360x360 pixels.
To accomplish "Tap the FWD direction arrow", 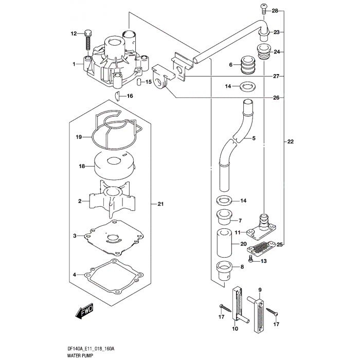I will point(83,313).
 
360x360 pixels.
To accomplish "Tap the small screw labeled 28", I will point(263,9).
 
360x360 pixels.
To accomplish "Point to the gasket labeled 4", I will point(113,274).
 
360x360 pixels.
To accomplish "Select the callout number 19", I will point(79,137).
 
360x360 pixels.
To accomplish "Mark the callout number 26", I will point(276,98).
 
